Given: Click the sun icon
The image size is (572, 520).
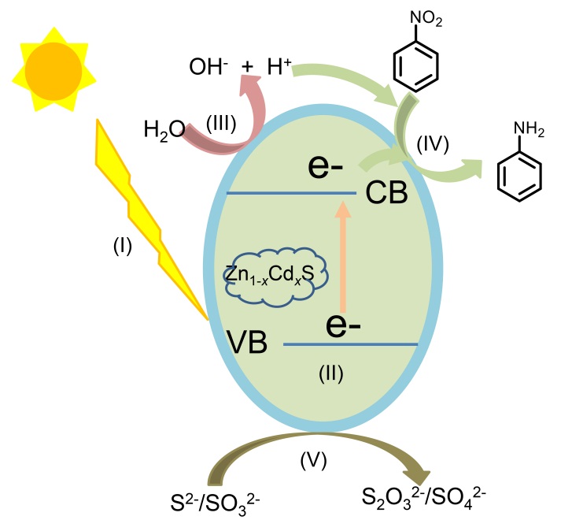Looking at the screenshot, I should tap(52, 69).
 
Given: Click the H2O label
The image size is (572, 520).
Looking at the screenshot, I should tap(164, 128).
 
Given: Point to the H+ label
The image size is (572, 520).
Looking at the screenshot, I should tap(276, 68).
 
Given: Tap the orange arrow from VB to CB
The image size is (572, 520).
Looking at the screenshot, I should tap(341, 260).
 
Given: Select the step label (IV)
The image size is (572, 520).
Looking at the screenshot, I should tap(432, 145).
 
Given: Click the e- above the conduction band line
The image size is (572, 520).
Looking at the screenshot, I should tap(330, 167).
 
